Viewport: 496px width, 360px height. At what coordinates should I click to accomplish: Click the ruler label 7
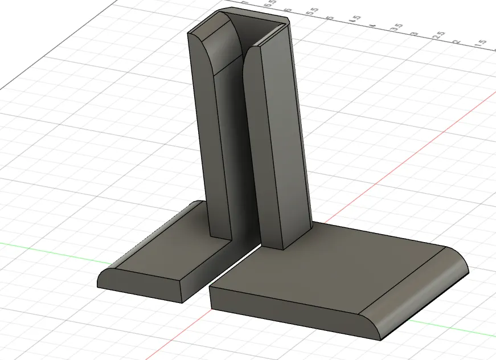[x=246, y=3]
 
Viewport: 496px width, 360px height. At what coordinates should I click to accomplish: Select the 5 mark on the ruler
[x=329, y=15]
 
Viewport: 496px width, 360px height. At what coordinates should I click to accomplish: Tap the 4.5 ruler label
[x=355, y=19]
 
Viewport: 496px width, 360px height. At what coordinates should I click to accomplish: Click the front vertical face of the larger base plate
[x=285, y=310]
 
